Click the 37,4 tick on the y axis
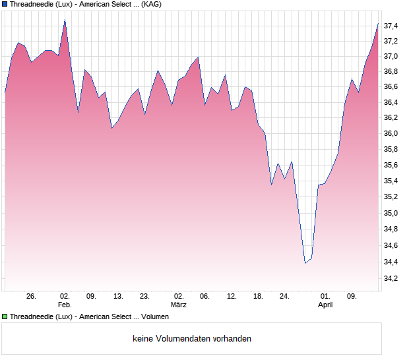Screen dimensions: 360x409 391,26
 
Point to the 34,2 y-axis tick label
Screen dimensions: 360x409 391,279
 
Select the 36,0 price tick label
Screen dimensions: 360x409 391,134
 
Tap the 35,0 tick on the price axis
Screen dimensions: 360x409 391,213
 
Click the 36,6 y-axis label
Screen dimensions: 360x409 391,86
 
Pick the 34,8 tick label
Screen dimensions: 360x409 391,229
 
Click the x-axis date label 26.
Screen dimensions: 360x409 31,296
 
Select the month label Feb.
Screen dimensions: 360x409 65,305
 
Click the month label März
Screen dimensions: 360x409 178,305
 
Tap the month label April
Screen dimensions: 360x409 325,305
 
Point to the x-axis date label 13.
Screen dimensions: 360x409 118,296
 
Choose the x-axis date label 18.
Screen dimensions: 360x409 258,296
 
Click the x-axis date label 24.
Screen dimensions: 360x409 284,296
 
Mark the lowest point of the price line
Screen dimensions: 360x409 305,263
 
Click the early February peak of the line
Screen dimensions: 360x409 65,20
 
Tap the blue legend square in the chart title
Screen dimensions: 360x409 5,4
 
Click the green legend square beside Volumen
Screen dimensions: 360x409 5,317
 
